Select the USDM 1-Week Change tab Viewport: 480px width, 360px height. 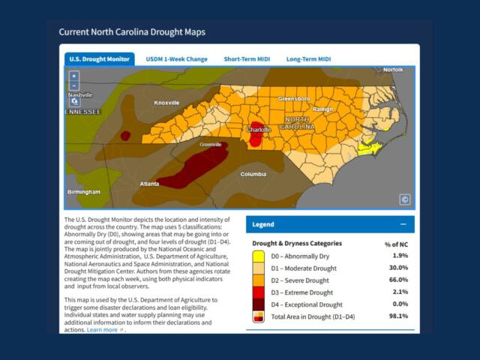pos(177,59)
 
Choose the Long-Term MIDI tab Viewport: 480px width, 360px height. pos(309,59)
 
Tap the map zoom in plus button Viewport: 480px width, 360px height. pos(73,76)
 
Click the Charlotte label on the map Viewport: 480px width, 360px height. pos(259,130)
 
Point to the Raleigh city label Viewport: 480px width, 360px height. pos(322,109)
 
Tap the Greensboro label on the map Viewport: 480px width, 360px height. pos(294,99)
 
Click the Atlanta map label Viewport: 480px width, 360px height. pos(149,183)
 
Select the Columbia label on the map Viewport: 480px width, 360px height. pos(253,174)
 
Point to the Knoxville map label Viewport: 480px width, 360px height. pos(166,103)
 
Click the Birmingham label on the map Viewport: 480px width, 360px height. pos(84,192)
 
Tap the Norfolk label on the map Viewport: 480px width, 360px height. pos(393,70)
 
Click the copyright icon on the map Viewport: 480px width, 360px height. pos(404,199)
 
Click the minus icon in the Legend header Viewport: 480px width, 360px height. pos(403,224)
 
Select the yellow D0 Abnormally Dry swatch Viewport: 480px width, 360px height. pos(257,256)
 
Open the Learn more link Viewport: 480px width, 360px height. pos(103,330)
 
